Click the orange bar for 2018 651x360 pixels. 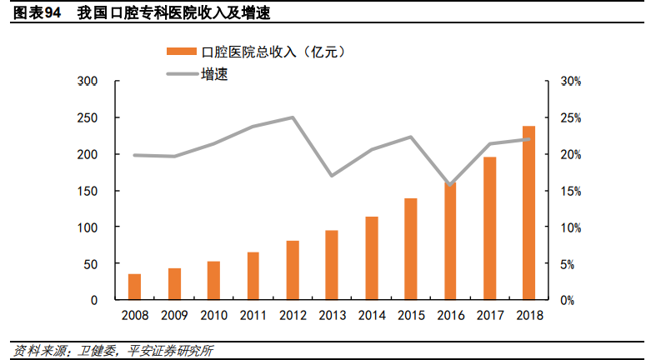pyautogui.click(x=528, y=212)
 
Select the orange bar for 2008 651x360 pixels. pyautogui.click(x=134, y=286)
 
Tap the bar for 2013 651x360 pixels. pyautogui.click(x=332, y=264)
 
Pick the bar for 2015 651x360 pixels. pyautogui.click(x=410, y=248)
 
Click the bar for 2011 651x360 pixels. pyautogui.click(x=253, y=275)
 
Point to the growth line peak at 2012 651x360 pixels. pyautogui.click(x=292, y=117)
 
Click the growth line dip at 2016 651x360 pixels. pyautogui.click(x=450, y=185)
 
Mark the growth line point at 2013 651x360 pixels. pyautogui.click(x=332, y=176)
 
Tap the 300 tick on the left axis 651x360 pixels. pyautogui.click(x=88, y=82)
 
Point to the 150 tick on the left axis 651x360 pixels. pyautogui.click(x=88, y=191)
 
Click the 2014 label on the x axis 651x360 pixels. pyautogui.click(x=371, y=316)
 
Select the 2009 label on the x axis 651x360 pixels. pyautogui.click(x=173, y=316)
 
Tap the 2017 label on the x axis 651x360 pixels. pyautogui.click(x=489, y=316)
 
